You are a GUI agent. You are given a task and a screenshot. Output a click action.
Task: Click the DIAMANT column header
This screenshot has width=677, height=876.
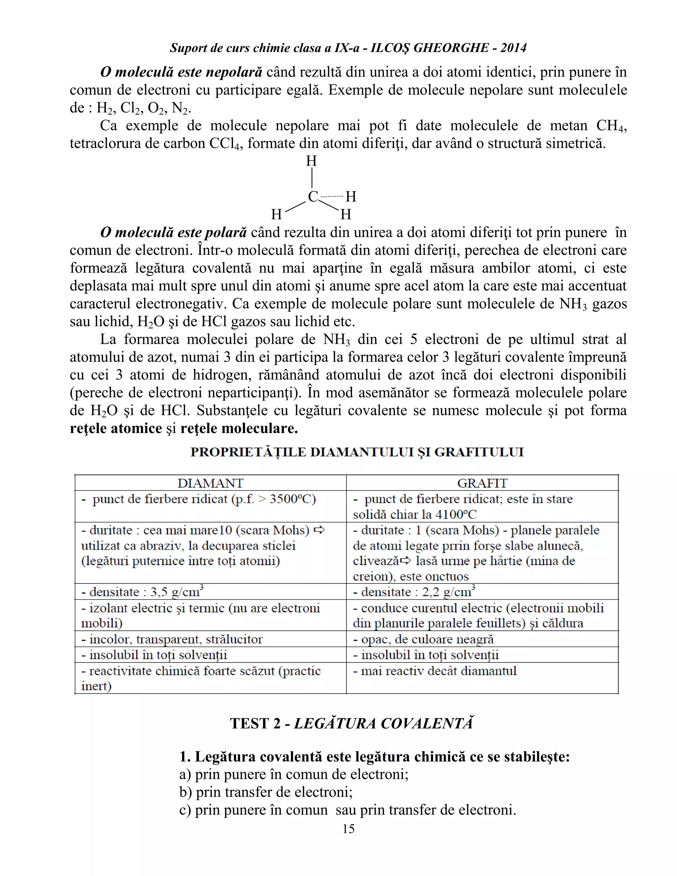coord(210,483)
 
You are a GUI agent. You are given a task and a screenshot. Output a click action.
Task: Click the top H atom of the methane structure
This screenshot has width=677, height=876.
coord(312,161)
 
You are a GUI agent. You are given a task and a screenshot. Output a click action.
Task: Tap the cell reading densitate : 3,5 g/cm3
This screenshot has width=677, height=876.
coord(142,592)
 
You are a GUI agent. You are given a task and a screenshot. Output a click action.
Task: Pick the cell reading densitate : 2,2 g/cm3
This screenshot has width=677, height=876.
coord(414,592)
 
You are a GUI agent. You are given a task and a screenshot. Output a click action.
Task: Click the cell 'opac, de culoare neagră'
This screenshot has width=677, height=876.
coord(423,639)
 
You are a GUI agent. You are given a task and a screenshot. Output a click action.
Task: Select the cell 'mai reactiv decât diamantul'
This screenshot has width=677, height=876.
coord(435,671)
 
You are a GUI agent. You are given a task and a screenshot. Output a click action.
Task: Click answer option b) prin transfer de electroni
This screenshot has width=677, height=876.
coord(266,792)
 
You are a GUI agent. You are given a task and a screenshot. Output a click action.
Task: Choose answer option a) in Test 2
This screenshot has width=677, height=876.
coord(294,774)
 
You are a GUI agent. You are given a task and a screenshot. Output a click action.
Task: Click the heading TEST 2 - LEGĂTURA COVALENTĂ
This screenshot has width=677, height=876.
coord(351,723)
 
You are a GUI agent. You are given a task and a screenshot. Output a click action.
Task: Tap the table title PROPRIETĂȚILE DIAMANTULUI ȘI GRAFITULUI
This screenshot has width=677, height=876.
coord(357,452)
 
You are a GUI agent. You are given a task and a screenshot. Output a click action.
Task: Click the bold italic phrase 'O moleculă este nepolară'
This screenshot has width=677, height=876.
coord(181,72)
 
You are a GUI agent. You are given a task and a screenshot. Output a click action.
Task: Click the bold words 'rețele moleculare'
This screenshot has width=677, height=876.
coord(239,428)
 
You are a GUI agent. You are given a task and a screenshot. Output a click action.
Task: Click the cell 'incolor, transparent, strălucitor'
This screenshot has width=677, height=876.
coord(172,639)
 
